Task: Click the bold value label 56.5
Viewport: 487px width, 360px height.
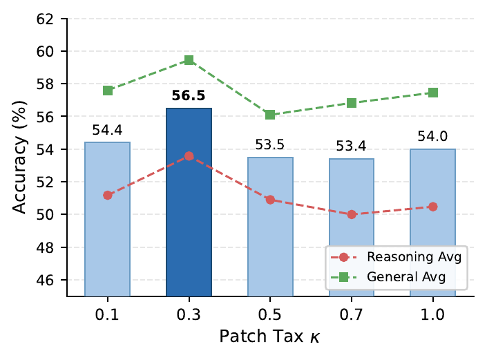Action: click(189, 97)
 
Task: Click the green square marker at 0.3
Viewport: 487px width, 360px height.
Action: click(189, 60)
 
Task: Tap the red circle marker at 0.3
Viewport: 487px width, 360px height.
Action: click(189, 156)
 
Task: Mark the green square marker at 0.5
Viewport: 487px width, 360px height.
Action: click(270, 115)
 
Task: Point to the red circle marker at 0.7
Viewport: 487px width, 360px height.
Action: click(352, 214)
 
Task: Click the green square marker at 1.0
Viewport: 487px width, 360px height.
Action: click(433, 93)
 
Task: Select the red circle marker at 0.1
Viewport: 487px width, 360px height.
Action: click(107, 195)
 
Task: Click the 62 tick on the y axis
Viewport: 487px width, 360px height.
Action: click(52, 19)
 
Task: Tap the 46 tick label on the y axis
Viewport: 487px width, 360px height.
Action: click(52, 280)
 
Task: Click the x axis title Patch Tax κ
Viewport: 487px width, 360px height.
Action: click(270, 337)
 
